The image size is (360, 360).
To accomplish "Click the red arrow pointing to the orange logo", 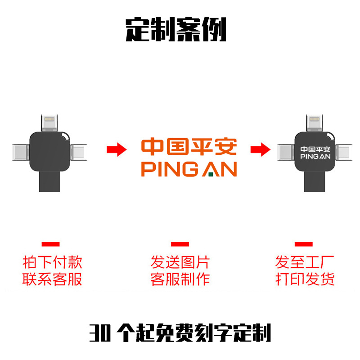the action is pyautogui.click(x=117, y=150).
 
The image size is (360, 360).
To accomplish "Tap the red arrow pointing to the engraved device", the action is pyautogui.click(x=260, y=150).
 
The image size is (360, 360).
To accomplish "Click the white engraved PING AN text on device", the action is pyautogui.click(x=315, y=157).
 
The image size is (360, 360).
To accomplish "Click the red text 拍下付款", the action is pyautogui.click(x=53, y=262).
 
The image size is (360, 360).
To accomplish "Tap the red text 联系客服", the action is pyautogui.click(x=53, y=279).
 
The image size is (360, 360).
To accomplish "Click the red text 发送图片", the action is pyautogui.click(x=180, y=262).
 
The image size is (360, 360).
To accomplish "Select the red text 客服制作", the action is pyautogui.click(x=180, y=279).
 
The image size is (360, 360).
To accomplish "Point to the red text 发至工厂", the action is pyautogui.click(x=305, y=262).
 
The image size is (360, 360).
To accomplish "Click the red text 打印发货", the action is pyautogui.click(x=305, y=279).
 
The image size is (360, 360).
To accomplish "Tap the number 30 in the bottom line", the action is pyautogui.click(x=99, y=333).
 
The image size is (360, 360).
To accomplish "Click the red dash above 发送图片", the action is pyautogui.click(x=180, y=244).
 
